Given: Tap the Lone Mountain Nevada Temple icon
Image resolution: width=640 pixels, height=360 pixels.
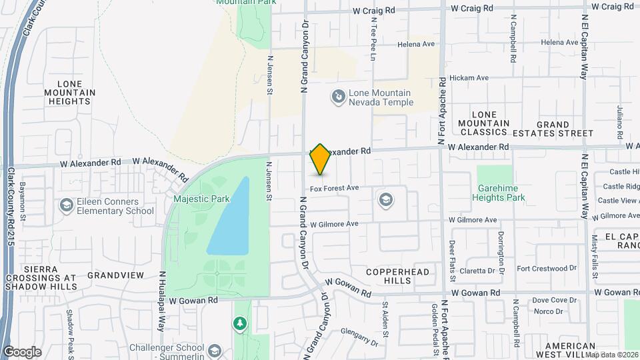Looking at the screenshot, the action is pos(339,97).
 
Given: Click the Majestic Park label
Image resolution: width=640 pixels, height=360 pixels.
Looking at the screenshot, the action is pos(196,199).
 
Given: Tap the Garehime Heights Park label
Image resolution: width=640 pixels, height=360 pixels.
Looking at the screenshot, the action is pos(499,193).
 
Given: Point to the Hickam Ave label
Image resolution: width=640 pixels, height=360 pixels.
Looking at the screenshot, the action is pos(469,78).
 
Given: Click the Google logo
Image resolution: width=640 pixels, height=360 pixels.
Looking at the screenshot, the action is pos(22,351).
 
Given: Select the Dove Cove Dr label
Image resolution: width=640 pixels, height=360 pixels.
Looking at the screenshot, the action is pos(555,301).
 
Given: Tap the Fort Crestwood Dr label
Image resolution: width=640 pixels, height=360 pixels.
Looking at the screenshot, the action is pos(546,268).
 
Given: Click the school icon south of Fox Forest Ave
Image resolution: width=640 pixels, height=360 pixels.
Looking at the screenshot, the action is pos(385,199).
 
